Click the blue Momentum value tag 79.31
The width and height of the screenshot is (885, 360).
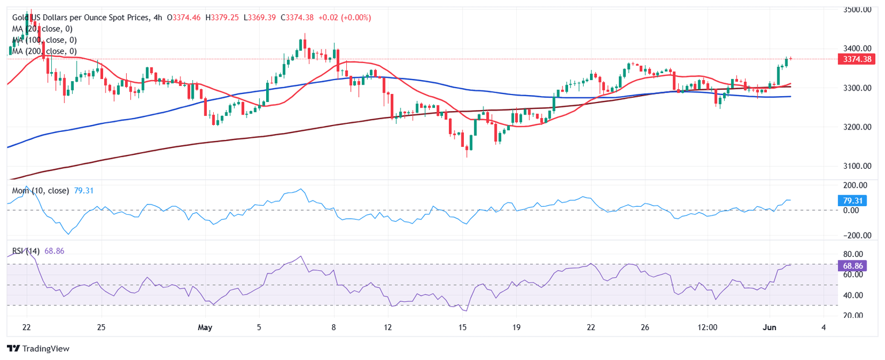[851, 201]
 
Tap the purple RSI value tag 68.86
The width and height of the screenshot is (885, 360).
[851, 266]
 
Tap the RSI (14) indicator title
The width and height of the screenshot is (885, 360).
[26, 251]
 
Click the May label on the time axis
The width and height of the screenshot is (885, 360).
[205, 327]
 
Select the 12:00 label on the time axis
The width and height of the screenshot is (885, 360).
[707, 327]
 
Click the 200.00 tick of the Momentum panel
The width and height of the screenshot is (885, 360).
[854, 185]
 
